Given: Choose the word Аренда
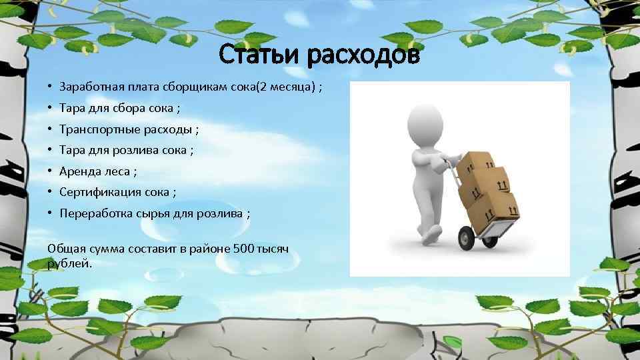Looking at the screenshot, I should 78,171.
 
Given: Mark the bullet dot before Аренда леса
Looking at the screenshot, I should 50,171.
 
